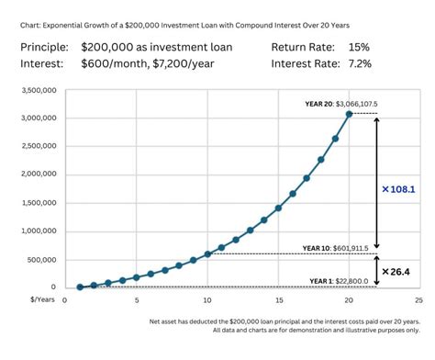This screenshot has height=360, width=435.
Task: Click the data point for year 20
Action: pos(349,114)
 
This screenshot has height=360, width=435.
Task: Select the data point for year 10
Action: pos(207,253)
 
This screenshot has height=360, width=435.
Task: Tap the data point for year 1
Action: pos(80,287)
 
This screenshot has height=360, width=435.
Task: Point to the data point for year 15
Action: pos(278,208)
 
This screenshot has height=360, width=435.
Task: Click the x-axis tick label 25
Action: pos(418,299)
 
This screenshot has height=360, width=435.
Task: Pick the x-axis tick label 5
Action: pos(137,299)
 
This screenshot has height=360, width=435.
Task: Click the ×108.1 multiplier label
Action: pos(398,189)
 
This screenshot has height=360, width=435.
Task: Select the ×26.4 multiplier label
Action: pos(396,271)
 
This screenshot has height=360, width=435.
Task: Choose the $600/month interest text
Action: pos(116,63)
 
